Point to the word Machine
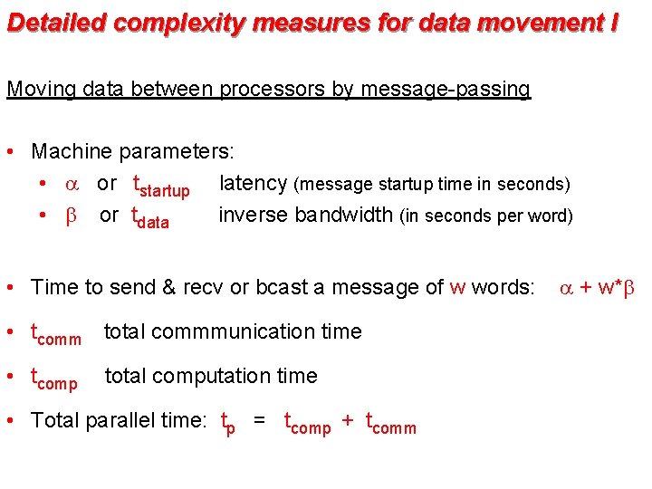72,150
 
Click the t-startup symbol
160,187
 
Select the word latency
253,183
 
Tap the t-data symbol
149,218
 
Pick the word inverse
253,216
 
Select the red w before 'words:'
457,288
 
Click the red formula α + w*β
598,288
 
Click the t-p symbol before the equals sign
228,423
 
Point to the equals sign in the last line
260,420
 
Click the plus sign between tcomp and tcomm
348,420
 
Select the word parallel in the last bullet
120,420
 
